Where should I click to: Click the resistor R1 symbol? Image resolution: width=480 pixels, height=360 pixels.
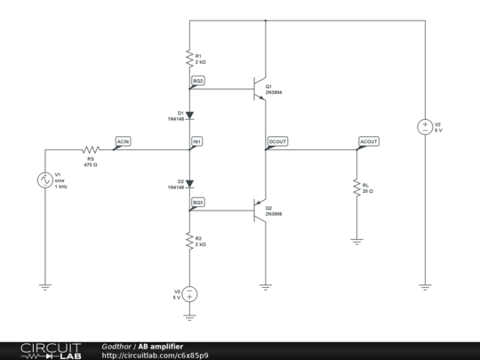(189, 59)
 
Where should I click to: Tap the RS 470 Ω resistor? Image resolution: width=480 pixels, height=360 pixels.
(90, 151)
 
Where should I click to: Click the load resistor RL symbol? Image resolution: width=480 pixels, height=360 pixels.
(356, 188)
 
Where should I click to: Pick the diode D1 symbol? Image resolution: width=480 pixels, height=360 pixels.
(189, 115)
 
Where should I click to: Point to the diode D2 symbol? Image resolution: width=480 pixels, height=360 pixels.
(189, 184)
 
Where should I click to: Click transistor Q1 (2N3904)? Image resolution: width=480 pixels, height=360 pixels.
(260, 90)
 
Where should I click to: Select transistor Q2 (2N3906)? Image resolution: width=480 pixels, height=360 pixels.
(260, 211)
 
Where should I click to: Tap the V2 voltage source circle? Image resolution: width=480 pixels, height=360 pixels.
(425, 127)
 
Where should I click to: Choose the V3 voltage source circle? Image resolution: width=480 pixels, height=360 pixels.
(189, 294)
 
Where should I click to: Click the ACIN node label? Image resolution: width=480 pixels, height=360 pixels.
(124, 141)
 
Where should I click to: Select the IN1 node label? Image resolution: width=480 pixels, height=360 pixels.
(197, 141)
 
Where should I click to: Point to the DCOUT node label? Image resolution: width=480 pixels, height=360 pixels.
(277, 141)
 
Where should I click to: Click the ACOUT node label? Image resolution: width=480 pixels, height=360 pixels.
(368, 141)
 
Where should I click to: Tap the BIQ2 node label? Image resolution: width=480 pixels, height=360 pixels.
(198, 80)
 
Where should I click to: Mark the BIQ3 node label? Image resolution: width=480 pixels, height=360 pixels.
(198, 202)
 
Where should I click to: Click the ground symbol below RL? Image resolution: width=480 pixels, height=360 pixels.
(356, 240)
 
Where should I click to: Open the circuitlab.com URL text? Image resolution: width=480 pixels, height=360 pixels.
(156, 355)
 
